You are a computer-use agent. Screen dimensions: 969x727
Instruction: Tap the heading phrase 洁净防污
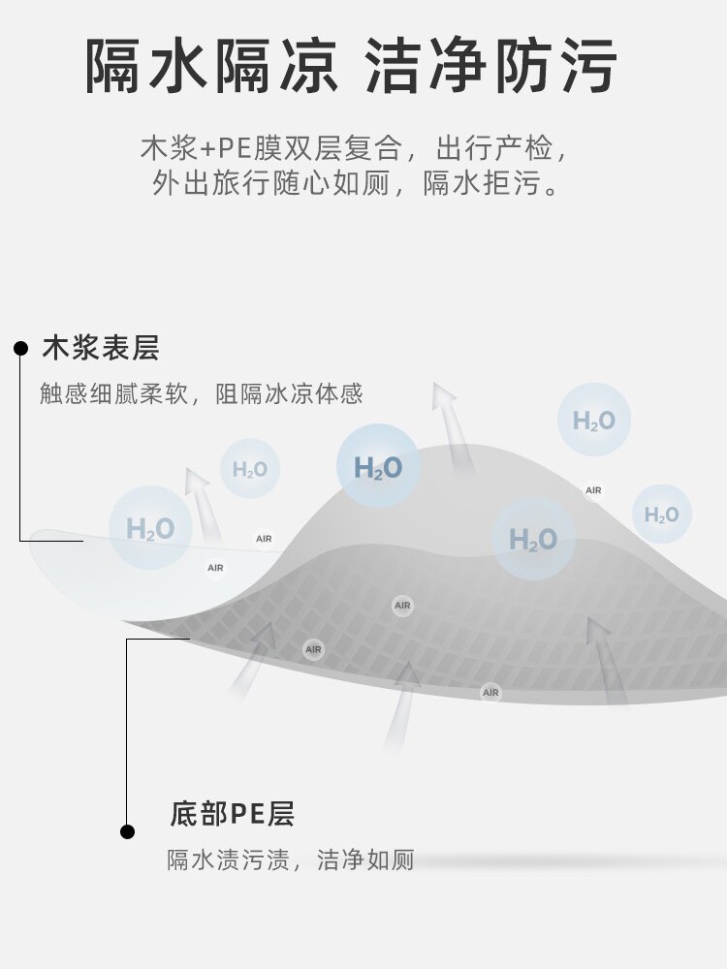tap(491, 66)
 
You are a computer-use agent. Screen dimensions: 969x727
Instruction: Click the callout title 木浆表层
tap(100, 348)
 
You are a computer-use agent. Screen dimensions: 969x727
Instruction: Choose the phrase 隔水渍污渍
tap(228, 860)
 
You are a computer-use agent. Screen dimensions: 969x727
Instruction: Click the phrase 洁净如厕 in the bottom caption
tap(365, 860)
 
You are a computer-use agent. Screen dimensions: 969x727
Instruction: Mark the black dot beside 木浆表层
tap(20, 348)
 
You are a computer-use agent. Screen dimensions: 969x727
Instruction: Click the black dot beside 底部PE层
tap(127, 831)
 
